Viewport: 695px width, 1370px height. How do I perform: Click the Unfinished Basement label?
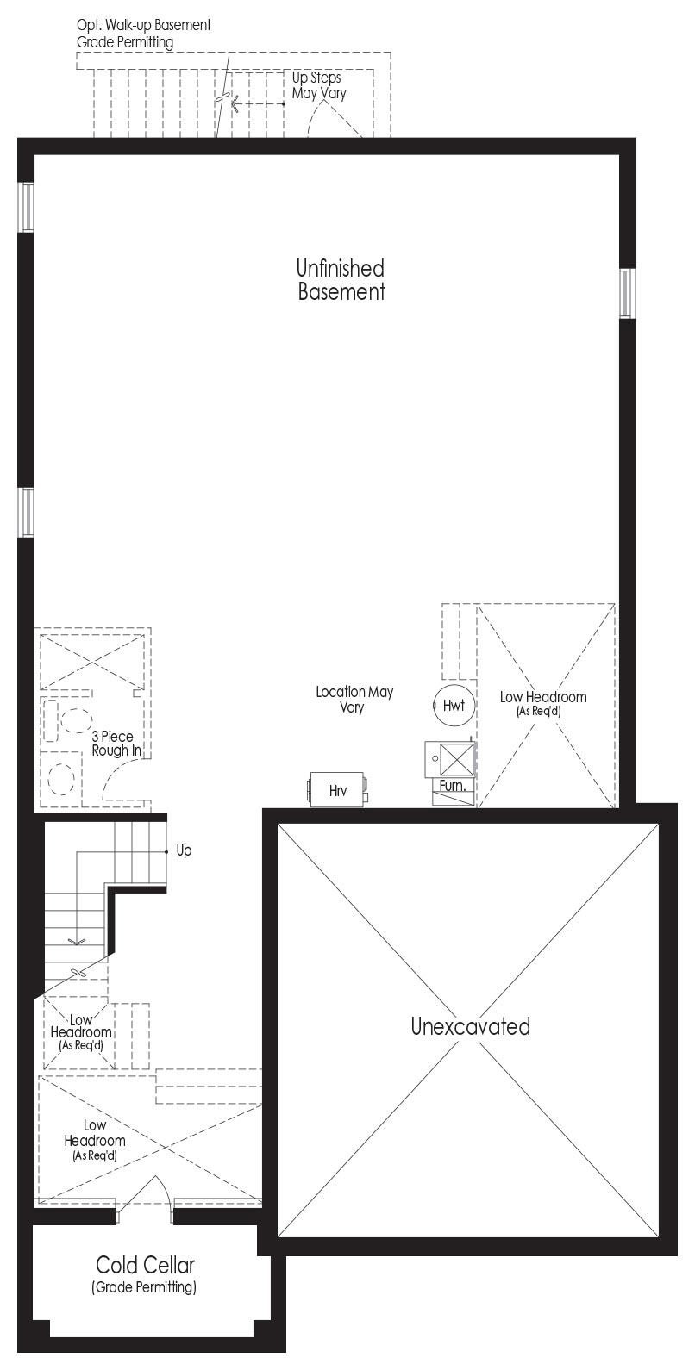pos(341,279)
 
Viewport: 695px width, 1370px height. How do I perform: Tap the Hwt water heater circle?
pos(454,705)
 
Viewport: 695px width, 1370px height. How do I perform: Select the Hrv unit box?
pos(337,790)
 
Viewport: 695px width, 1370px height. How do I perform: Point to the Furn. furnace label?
pos(453,785)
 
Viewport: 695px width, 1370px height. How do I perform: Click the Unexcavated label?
pos(470,1025)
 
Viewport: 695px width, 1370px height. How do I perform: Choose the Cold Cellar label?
pos(145,1264)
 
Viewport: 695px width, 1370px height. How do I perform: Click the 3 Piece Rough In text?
pos(116,743)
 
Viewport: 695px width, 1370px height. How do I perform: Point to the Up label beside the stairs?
pos(184,850)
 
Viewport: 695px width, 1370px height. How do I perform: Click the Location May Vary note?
pos(354,699)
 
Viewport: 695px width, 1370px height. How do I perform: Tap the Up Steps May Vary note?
pos(318,85)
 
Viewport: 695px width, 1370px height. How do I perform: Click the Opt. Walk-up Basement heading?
pos(143,26)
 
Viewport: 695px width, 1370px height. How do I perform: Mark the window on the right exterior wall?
pos(626,293)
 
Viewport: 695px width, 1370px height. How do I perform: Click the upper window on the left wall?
pos(26,207)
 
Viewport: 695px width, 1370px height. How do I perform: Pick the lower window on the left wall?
pos(26,512)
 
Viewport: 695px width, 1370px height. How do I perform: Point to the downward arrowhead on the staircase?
pos(77,941)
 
